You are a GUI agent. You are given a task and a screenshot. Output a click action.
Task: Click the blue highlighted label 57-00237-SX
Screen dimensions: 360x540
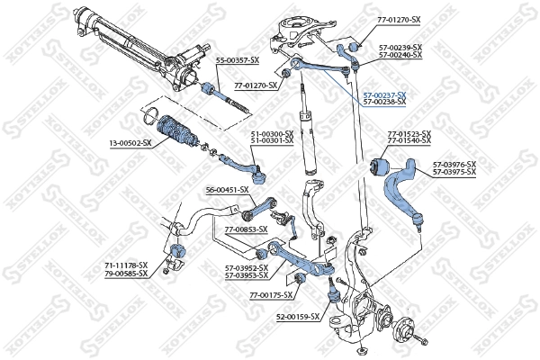384,94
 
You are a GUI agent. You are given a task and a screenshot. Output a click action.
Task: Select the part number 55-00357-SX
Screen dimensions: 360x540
238,59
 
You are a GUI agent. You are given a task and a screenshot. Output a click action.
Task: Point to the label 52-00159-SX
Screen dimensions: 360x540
298,317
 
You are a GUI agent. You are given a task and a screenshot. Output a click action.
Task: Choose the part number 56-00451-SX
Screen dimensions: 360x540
228,190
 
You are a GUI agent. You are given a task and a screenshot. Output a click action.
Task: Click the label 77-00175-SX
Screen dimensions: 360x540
272,295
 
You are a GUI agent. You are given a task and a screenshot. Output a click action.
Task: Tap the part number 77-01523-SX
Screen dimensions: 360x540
409,134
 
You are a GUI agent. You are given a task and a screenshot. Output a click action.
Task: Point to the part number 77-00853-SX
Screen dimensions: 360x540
246,229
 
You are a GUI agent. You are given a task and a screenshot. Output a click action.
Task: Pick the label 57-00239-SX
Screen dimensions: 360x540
400,47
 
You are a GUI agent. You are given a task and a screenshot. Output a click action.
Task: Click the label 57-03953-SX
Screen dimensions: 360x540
247,274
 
